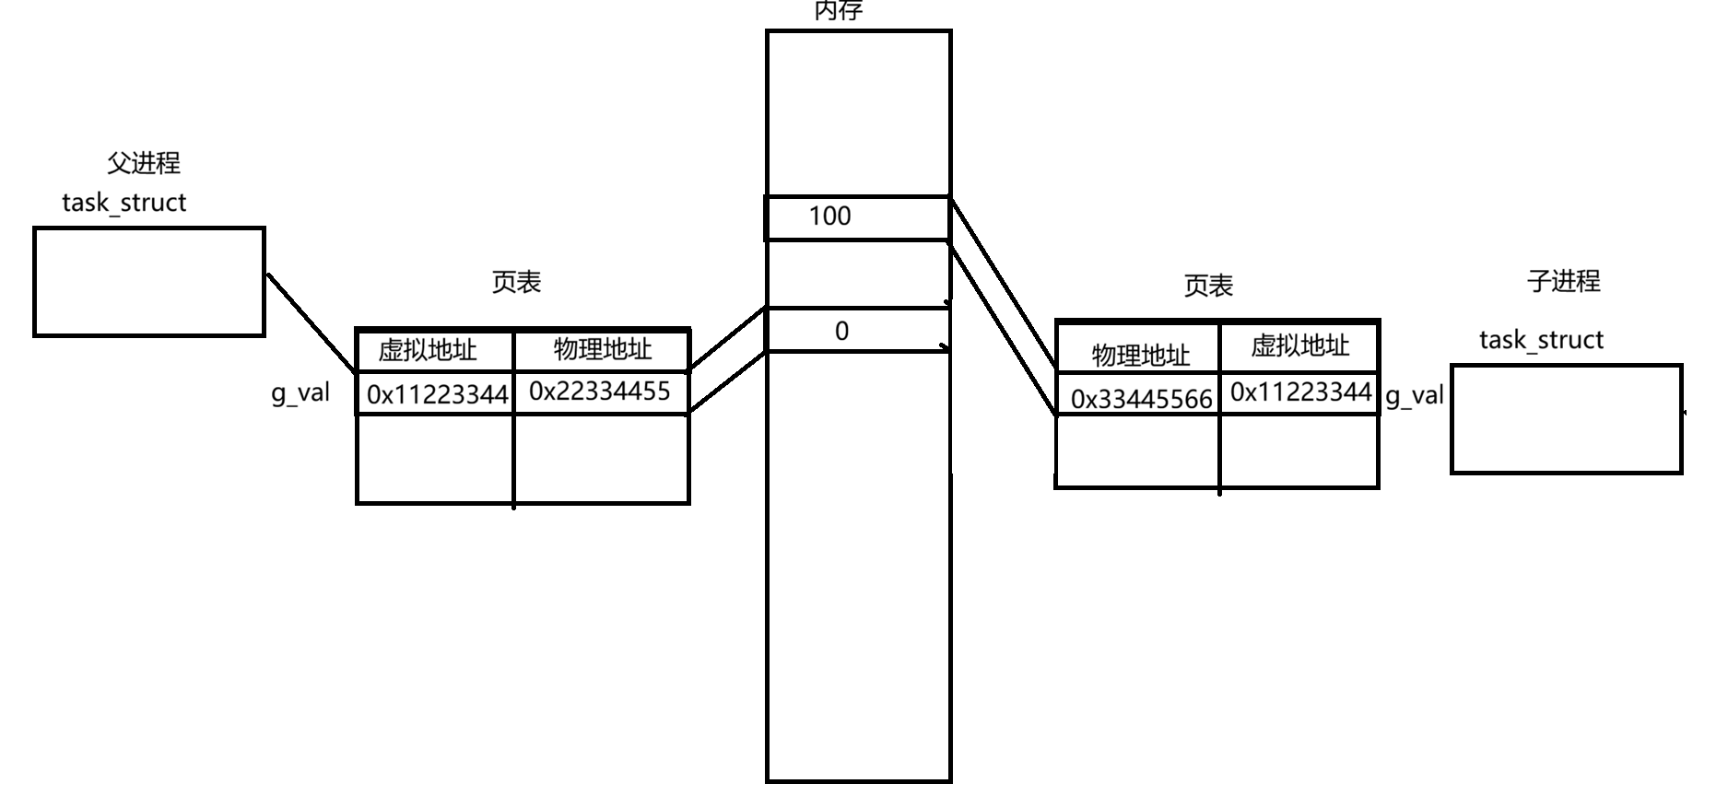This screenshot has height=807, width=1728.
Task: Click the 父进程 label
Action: pyautogui.click(x=144, y=163)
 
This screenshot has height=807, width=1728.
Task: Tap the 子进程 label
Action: pyautogui.click(x=1563, y=280)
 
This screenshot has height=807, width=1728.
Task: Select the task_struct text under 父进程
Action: pyautogui.click(x=124, y=203)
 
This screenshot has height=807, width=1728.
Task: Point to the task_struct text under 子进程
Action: pyautogui.click(x=1541, y=340)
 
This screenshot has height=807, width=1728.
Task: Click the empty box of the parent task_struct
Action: pyautogui.click(x=149, y=282)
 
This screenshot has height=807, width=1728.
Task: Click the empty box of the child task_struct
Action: pyautogui.click(x=1566, y=419)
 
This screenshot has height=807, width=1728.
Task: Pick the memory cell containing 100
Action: pyautogui.click(x=856, y=217)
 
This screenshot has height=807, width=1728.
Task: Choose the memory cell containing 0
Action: pyautogui.click(x=856, y=331)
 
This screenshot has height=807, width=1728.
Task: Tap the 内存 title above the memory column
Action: pyautogui.click(x=838, y=11)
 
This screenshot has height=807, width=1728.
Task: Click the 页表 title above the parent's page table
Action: pyautogui.click(x=516, y=282)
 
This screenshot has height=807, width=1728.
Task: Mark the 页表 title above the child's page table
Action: pyautogui.click(x=1208, y=286)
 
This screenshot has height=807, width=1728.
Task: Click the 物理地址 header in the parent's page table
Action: pyautogui.click(x=602, y=349)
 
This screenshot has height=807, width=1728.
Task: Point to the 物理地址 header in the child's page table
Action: pyautogui.click(x=1141, y=355)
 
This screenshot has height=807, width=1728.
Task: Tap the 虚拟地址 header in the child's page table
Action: pyautogui.click(x=1299, y=345)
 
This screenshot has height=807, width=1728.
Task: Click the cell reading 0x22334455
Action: pyautogui.click(x=600, y=392)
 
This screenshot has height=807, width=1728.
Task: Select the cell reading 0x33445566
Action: pyautogui.click(x=1141, y=399)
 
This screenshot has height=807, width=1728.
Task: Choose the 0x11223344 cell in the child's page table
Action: pyautogui.click(x=1300, y=392)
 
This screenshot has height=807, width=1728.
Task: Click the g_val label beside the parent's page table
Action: pyautogui.click(x=300, y=393)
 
